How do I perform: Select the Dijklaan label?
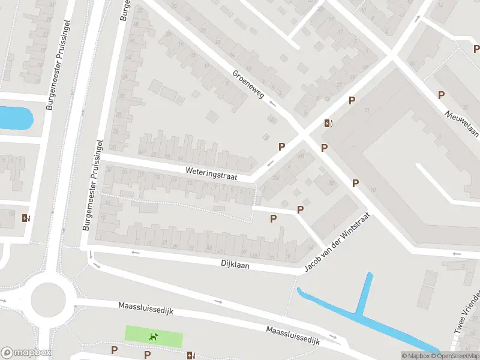[235, 263]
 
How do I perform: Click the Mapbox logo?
[26, 353]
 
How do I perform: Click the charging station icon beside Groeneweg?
[328, 124]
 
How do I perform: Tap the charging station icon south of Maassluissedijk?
[191, 356]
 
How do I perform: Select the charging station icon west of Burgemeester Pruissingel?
[25, 218]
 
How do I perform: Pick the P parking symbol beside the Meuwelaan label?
[441, 95]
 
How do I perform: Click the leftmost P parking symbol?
[114, 350]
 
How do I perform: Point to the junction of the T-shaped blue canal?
[358, 314]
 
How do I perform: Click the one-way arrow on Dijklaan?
[135, 253]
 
